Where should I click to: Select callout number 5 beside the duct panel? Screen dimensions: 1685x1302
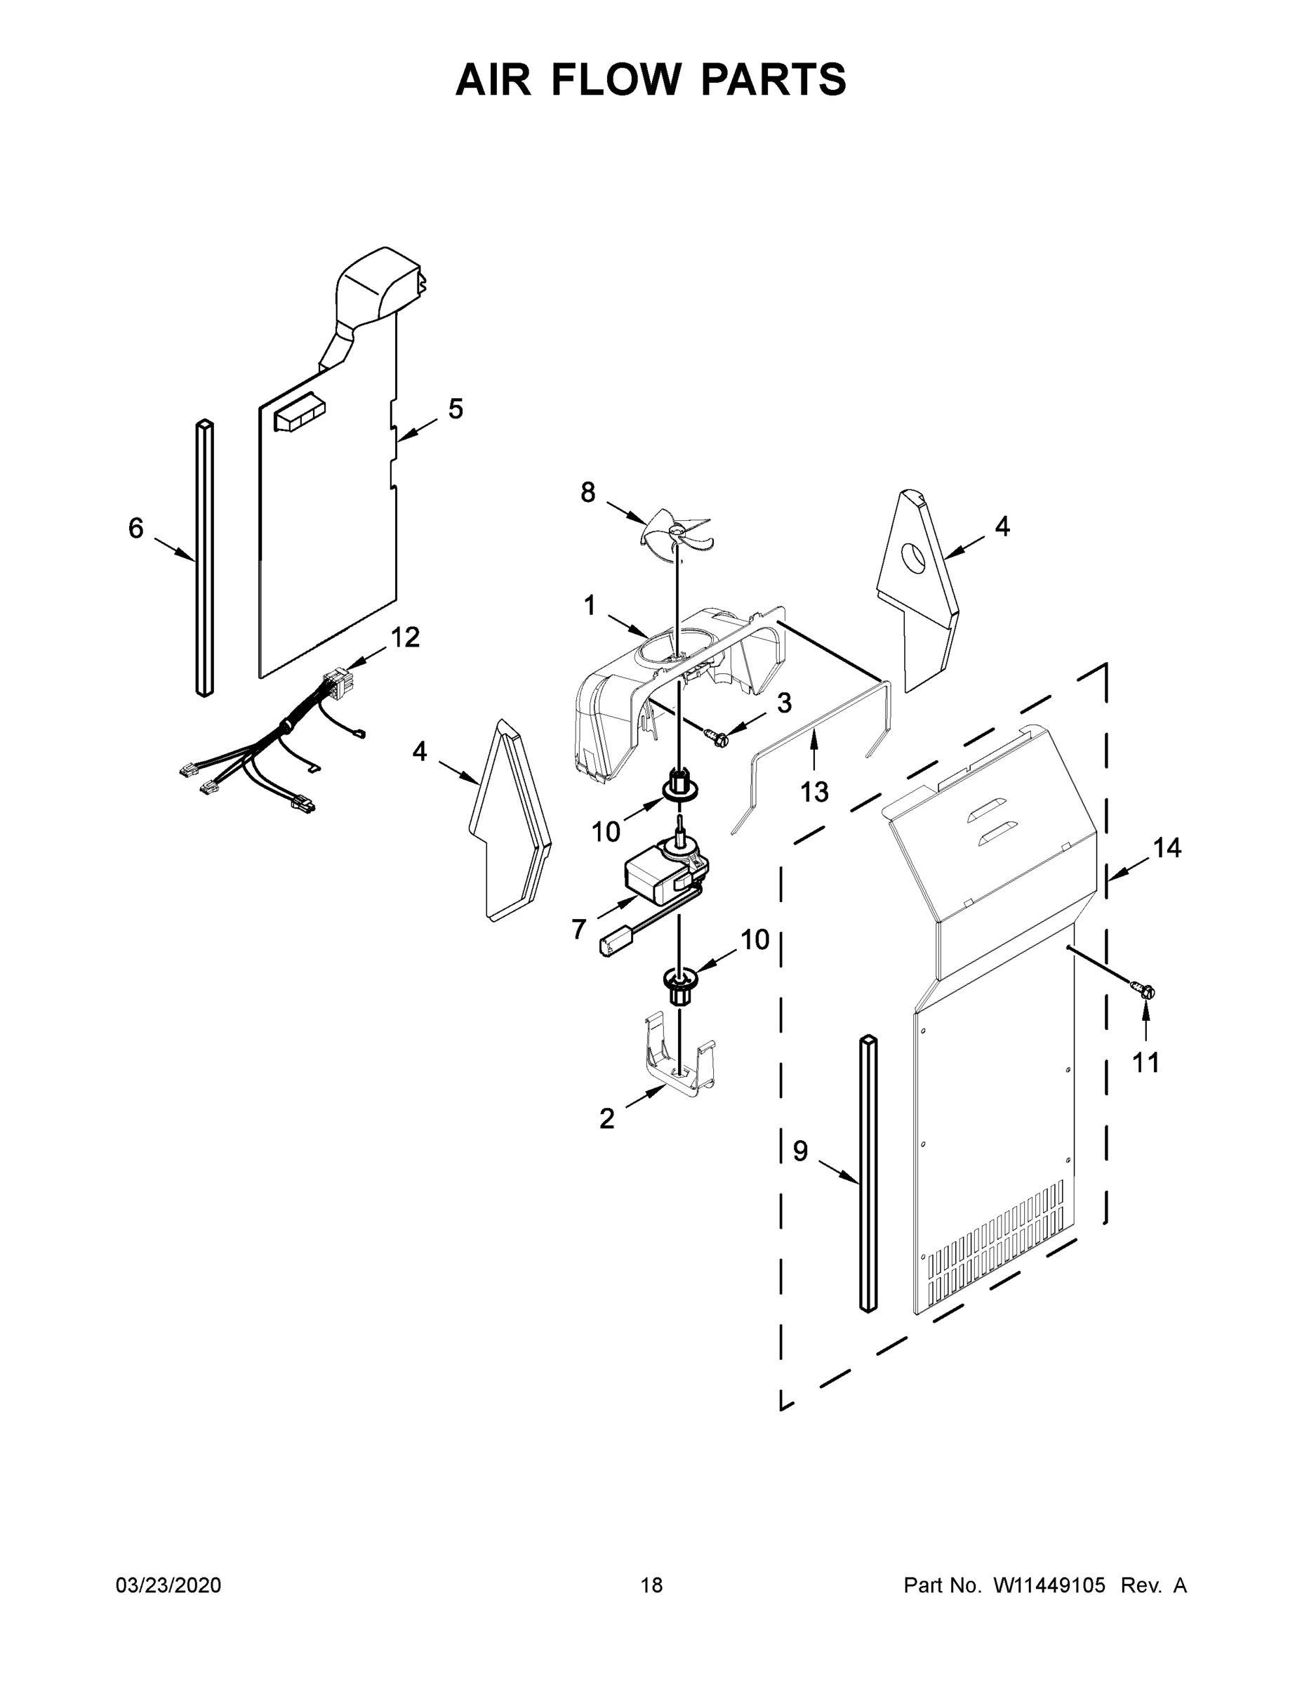point(456,409)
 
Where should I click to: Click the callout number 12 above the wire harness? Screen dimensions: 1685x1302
point(405,637)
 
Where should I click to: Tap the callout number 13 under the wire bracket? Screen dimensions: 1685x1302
point(814,791)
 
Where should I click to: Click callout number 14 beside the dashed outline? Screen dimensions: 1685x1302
point(1167,848)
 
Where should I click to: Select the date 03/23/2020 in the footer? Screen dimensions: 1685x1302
point(168,1585)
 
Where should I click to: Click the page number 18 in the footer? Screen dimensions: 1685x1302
point(651,1585)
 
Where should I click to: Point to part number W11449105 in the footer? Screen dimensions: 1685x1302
point(1049,1585)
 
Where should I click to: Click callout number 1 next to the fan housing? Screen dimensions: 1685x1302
point(590,606)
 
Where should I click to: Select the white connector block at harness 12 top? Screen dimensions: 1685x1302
point(337,683)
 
